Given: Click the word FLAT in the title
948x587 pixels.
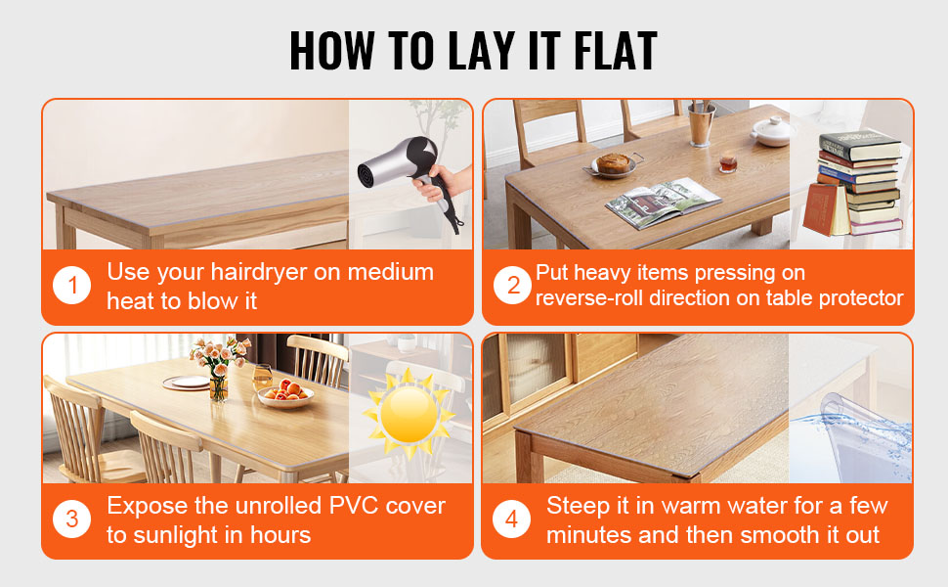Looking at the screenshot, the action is [x=615, y=50].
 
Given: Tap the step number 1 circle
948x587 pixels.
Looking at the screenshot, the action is [x=72, y=285].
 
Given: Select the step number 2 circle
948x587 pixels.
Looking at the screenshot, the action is [x=512, y=285].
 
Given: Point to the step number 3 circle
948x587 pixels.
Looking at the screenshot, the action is [x=72, y=519].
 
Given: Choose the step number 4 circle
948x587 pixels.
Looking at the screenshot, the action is [x=511, y=519].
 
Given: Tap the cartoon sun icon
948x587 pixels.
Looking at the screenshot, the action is [x=409, y=415].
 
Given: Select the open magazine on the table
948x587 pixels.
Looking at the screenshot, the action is [x=664, y=203].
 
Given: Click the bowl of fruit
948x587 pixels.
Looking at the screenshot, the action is [x=285, y=392].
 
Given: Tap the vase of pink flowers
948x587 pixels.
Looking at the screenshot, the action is [x=219, y=367].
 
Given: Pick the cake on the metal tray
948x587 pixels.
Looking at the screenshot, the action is [x=613, y=163].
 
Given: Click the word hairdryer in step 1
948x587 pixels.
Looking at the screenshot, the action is [x=259, y=272].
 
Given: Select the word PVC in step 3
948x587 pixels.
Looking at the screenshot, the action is [x=353, y=505].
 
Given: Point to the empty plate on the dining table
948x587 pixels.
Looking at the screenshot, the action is [x=187, y=383].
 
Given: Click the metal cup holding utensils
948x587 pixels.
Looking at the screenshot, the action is [x=702, y=124].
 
